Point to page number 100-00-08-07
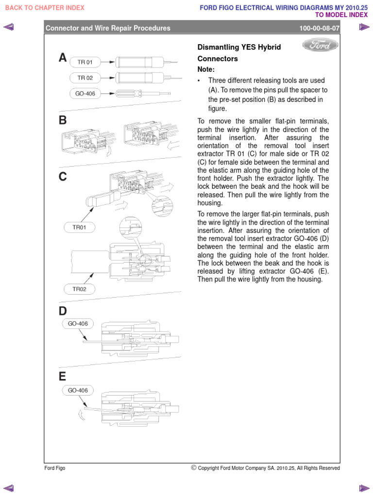point(320,28)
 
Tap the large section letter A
point(63,58)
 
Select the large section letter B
point(63,120)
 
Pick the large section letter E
point(63,376)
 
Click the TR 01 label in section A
point(85,62)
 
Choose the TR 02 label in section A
point(85,78)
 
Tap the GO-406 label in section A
point(85,93)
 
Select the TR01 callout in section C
point(79,227)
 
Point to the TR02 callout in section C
point(79,289)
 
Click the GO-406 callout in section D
point(78,323)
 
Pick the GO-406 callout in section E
point(78,390)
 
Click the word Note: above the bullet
point(206,69)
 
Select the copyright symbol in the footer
point(194,468)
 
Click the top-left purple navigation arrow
point(8,27)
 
